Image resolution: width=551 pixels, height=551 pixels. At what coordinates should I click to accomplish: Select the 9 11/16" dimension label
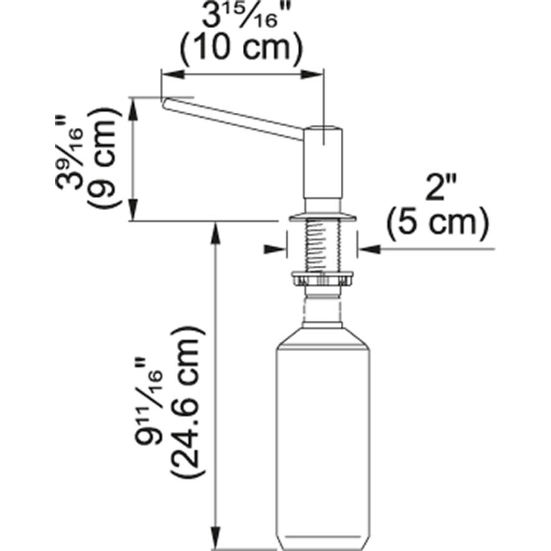point(154,410)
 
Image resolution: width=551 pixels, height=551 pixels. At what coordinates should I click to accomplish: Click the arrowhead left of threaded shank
point(276,249)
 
